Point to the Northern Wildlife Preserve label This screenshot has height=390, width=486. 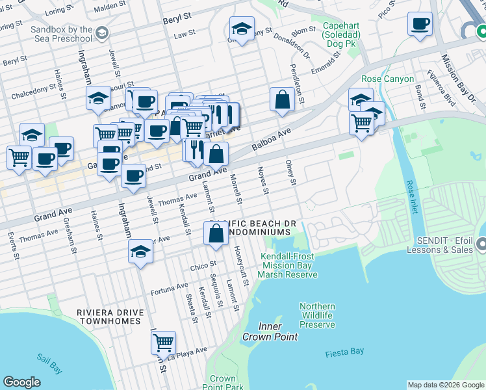pos(317,315)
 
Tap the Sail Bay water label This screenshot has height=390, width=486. pos(49,363)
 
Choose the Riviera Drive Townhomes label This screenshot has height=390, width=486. pos(109,317)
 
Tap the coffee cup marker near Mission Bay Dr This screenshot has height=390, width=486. pos(420,24)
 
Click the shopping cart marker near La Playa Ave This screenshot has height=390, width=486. pos(162,341)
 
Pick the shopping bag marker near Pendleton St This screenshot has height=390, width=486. pos(282,99)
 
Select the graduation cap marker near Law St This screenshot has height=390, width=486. pos(242,29)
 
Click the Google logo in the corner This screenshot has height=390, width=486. pos(21,382)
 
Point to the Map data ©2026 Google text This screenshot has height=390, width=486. pos(445,385)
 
